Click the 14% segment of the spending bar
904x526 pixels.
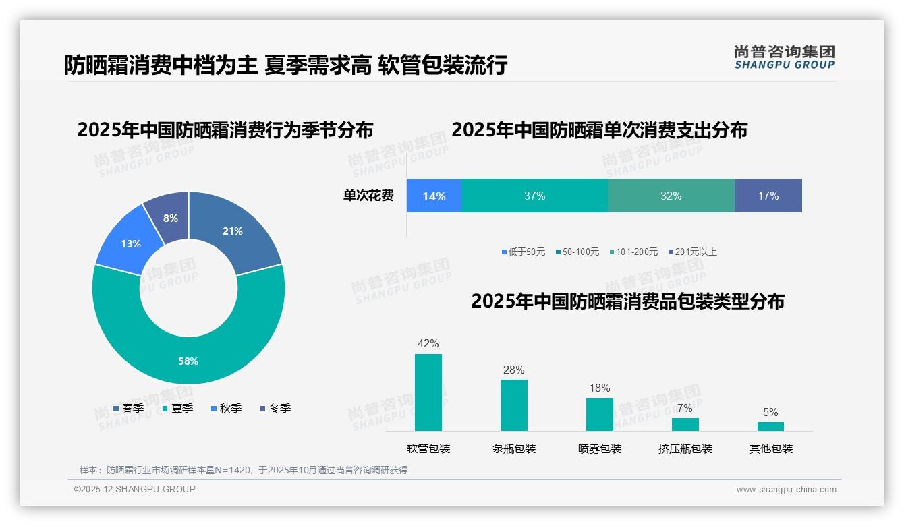coord(434,196)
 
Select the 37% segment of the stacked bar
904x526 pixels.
coord(534,196)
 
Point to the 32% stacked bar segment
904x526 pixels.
coord(671,196)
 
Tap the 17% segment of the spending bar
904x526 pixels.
coord(768,196)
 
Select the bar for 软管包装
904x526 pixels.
coord(428,392)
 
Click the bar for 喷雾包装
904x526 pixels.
coord(599,414)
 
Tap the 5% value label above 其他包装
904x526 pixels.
coord(770,412)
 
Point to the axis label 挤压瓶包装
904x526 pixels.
coord(685,448)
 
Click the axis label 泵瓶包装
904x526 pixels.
coord(514,448)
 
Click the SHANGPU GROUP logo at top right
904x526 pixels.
coord(785,57)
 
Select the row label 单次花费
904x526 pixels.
coord(368,196)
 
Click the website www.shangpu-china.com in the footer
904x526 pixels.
coord(786,490)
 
